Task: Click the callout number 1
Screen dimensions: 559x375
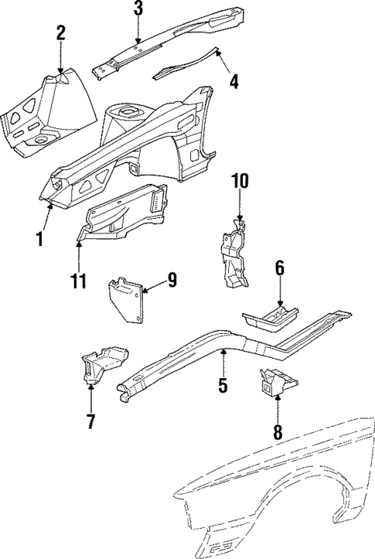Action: pos(36,240)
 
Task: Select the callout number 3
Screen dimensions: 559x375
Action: pos(138,9)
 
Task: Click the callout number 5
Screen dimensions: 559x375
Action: pos(223,384)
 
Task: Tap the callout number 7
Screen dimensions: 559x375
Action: pos(90,421)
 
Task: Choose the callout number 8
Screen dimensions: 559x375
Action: pos(277,431)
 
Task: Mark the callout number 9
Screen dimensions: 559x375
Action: pos(172,280)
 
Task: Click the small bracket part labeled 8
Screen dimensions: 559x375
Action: pos(277,382)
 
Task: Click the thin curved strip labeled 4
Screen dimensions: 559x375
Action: pos(186,67)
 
